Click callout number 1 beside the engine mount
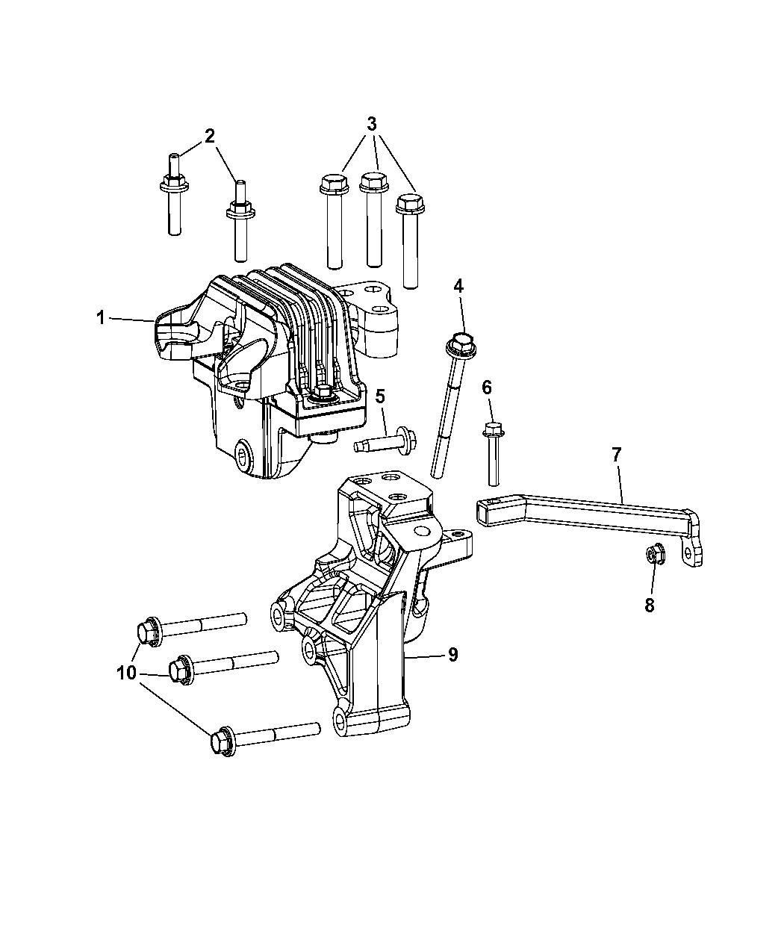coord(102,318)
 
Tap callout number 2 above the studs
coord(209,136)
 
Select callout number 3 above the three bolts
coord(372,123)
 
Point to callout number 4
coord(458,286)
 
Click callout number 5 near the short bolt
coord(380,396)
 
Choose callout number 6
coord(487,388)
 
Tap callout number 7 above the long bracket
coord(617,455)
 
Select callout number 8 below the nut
coord(650,606)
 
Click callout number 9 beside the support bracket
coord(452,655)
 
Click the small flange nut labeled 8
coord(656,554)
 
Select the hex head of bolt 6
coord(493,429)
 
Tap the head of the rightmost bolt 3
coord(410,204)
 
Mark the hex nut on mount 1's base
coord(324,391)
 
